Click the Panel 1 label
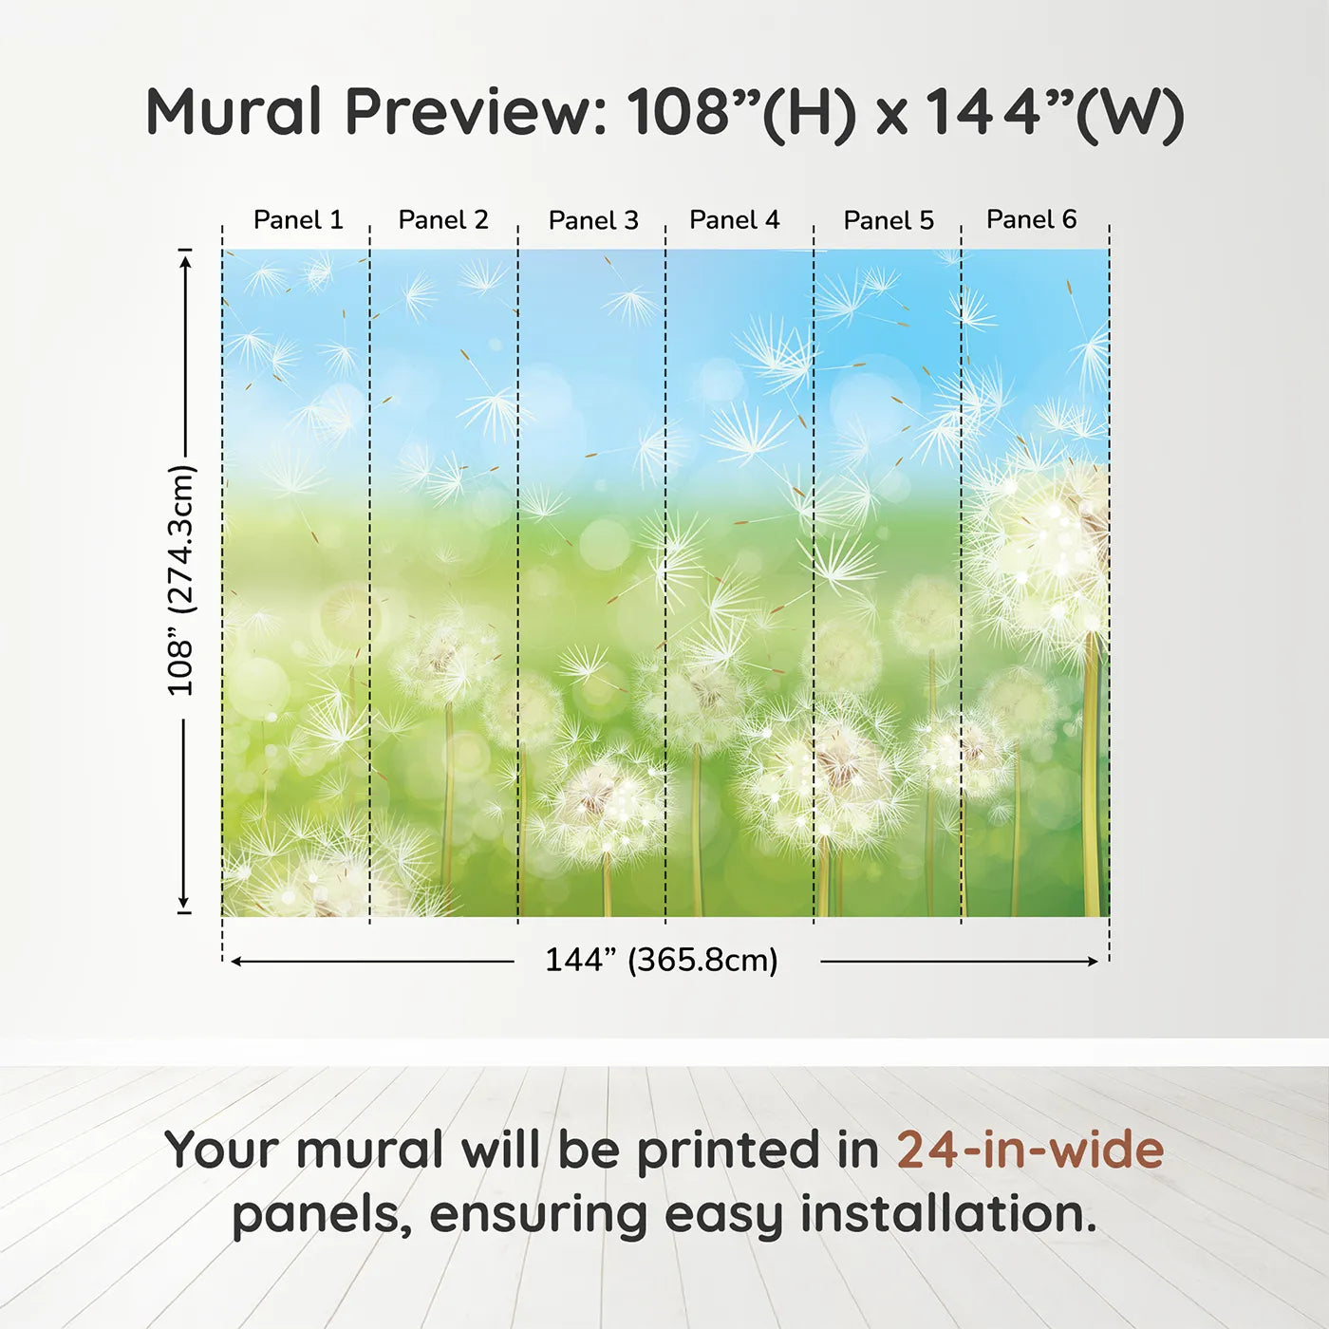click(298, 220)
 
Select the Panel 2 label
click(443, 220)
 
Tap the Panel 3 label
click(593, 220)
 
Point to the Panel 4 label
click(735, 220)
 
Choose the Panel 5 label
click(889, 220)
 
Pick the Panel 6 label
click(1031, 219)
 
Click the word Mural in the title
click(234, 112)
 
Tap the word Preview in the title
click(477, 112)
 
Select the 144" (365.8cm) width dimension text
click(662, 960)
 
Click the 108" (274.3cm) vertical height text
click(181, 580)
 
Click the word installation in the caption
click(948, 1214)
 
